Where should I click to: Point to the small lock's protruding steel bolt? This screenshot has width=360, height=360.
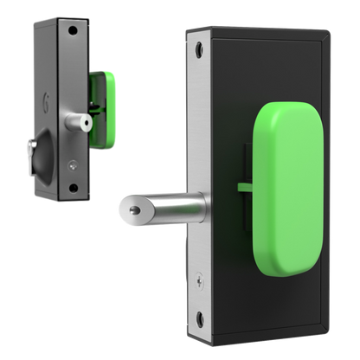coord(79,125)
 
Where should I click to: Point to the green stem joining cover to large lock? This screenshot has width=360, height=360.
coord(243,186)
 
